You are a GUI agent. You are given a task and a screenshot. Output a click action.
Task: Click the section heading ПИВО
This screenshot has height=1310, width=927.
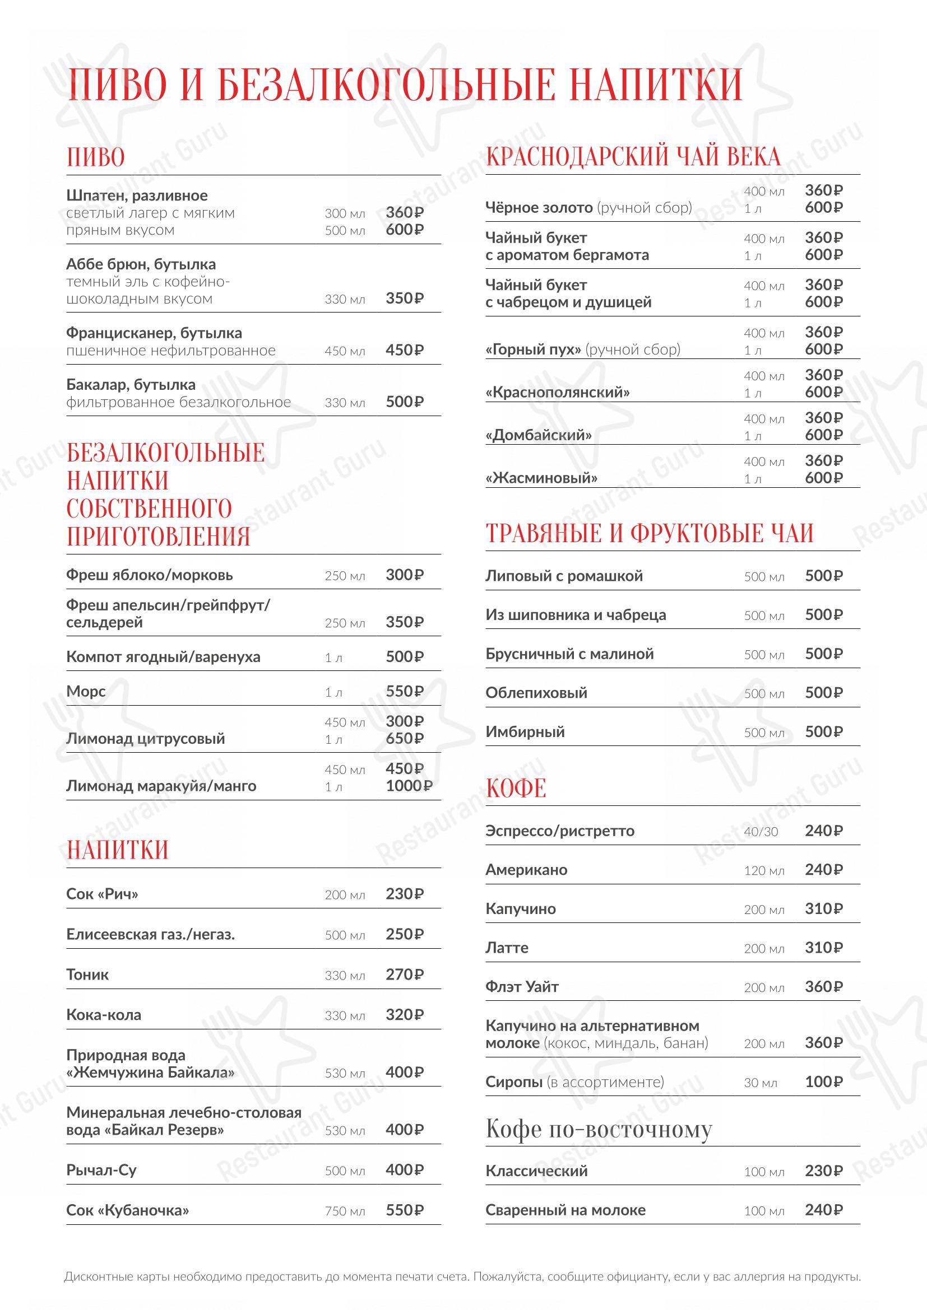pos(95,157)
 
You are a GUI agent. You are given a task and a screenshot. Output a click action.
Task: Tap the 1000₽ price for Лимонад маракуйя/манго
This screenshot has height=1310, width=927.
pos(409,786)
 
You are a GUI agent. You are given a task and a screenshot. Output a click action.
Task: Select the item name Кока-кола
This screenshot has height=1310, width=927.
pos(103,1014)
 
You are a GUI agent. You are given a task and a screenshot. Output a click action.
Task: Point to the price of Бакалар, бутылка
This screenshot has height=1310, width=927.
pos(404,402)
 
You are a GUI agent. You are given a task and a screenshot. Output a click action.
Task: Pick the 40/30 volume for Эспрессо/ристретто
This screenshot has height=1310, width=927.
pos(761,832)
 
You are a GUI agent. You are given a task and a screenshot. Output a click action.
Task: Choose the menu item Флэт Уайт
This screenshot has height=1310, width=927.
pos(522,986)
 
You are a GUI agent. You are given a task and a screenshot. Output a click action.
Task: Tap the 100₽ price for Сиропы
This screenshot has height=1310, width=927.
pos(823,1082)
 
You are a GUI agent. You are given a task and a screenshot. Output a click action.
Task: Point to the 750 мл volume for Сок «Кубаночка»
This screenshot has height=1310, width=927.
pos(344,1211)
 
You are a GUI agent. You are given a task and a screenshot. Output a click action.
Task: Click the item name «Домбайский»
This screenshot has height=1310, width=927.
pos(538,435)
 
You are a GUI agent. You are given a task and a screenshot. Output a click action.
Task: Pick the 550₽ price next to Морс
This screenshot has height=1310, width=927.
pos(404,692)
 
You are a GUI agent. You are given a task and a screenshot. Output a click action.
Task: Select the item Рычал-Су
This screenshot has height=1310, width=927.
pos(101,1170)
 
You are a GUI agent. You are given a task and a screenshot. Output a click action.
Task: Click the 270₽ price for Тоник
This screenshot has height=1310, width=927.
pos(404,974)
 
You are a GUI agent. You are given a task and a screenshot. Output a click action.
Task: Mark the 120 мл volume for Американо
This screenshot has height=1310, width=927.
pos(764,871)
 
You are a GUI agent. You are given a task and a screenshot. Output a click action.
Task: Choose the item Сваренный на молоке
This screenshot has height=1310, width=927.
pos(565,1210)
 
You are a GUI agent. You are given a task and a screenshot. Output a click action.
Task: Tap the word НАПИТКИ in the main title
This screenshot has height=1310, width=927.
pos(656,85)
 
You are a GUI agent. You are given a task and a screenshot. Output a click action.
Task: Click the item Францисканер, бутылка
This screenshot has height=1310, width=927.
pos(154,333)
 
